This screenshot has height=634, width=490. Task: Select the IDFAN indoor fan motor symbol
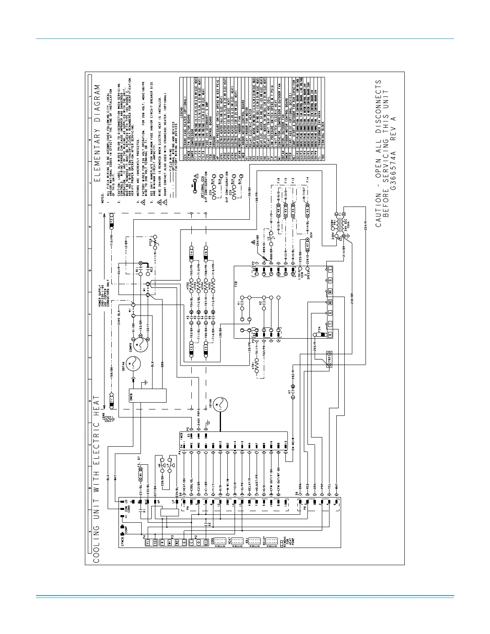point(219,405)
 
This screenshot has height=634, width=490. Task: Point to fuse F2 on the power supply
point(112,220)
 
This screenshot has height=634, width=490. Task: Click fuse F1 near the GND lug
point(112,399)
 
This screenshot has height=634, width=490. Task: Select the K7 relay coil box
point(307,244)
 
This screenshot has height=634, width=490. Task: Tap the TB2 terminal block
point(329,359)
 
